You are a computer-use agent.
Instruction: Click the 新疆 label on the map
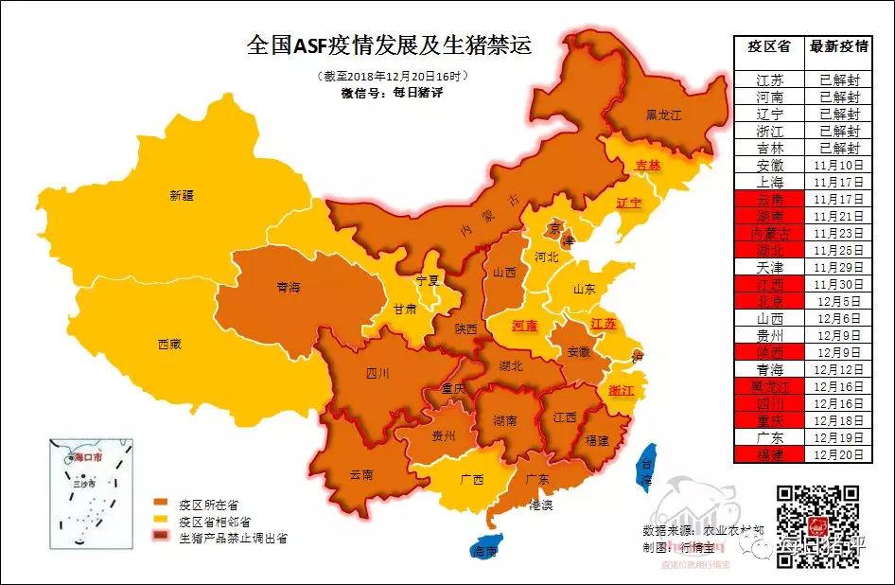tap(181, 196)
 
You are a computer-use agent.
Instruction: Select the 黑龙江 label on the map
tap(663, 115)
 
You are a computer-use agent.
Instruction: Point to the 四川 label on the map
tap(377, 373)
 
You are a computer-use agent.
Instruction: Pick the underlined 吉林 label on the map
tap(647, 165)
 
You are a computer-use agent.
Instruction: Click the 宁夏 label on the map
tap(429, 280)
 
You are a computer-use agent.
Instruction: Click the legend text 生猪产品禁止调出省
tap(232, 537)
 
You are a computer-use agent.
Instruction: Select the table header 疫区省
tap(768, 46)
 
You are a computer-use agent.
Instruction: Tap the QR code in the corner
tap(817, 525)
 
